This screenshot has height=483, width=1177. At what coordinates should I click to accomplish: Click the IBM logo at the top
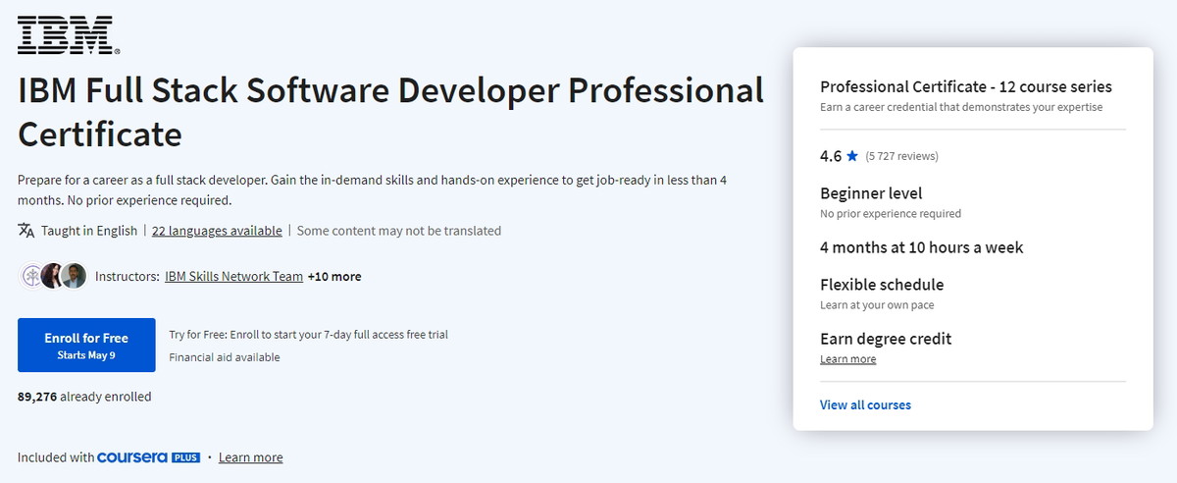[x=69, y=34]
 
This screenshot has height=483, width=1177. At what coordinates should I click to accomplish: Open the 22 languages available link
[x=217, y=231]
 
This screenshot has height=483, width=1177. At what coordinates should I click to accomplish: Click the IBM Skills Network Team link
[x=233, y=276]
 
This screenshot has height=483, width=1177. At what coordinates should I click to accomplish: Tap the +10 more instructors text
[x=334, y=276]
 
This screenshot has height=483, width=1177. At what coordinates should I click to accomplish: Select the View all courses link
[x=865, y=404]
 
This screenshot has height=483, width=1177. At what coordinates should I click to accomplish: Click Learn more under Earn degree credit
[x=848, y=359]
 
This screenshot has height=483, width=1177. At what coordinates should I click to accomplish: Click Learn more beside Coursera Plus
[x=251, y=457]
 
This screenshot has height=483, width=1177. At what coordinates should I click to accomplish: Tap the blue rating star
[x=852, y=156]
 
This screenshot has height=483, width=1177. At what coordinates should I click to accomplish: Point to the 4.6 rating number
[x=831, y=156]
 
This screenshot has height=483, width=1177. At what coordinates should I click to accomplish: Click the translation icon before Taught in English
[x=26, y=231]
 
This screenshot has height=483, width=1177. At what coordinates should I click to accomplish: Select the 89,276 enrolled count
[x=37, y=397]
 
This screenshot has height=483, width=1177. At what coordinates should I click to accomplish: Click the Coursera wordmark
[x=132, y=457]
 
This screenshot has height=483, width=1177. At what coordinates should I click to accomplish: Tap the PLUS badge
[x=186, y=457]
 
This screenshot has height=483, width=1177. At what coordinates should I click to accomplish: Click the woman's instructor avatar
[x=52, y=276]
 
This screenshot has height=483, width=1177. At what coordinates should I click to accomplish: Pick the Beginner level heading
[x=871, y=193]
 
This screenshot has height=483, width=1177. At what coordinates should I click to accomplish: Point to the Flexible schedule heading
[x=882, y=285]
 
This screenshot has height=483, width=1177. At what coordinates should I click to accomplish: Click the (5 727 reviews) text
[x=901, y=156]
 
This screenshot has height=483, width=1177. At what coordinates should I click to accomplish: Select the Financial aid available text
[x=225, y=357]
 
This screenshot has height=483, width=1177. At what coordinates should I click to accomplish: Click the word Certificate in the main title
[x=100, y=134]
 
